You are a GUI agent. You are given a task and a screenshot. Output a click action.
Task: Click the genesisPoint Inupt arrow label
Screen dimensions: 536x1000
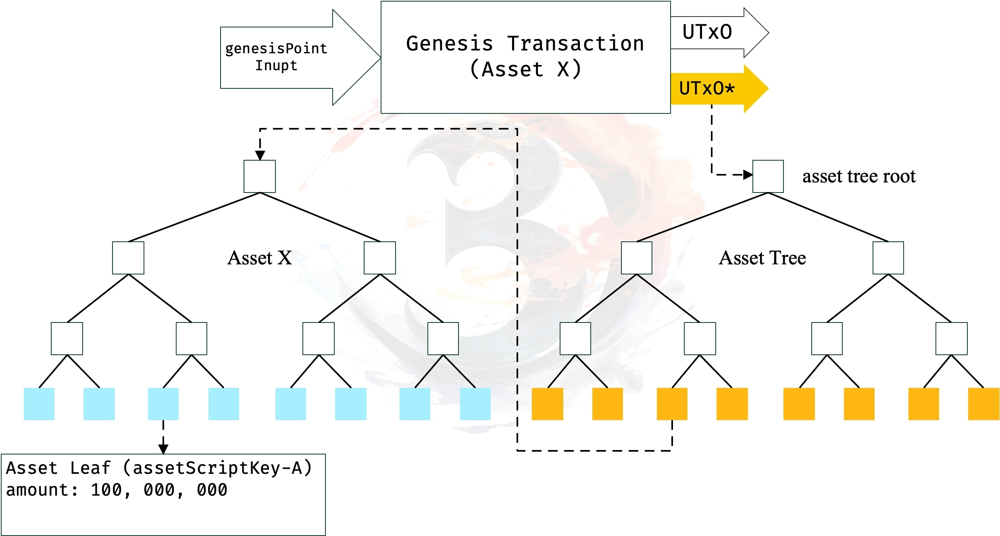pyautogui.click(x=276, y=57)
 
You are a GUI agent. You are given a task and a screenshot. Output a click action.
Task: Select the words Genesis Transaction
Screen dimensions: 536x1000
pyautogui.click(x=525, y=44)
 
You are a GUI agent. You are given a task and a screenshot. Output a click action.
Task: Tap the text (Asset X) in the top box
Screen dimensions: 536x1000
pyautogui.click(x=525, y=69)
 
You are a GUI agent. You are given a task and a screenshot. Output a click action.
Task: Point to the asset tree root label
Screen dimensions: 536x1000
pyautogui.click(x=859, y=176)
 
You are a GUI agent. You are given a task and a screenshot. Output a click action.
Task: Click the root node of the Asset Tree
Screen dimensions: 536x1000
pyautogui.click(x=768, y=176)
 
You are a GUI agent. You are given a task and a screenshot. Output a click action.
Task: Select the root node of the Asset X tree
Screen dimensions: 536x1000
pyautogui.click(x=260, y=176)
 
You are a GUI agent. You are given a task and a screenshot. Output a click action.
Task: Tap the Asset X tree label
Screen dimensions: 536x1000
pyautogui.click(x=260, y=258)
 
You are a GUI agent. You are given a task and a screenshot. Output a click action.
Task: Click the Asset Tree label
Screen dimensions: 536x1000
pyautogui.click(x=762, y=258)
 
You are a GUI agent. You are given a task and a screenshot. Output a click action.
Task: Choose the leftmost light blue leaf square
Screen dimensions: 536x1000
pyautogui.click(x=39, y=404)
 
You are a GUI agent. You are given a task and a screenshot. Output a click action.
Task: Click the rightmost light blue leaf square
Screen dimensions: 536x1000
pyautogui.click(x=475, y=404)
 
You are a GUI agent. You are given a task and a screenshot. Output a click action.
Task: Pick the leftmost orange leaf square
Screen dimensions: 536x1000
pyautogui.click(x=547, y=404)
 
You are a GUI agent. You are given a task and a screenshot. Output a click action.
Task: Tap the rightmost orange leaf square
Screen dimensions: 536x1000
pyautogui.click(x=983, y=404)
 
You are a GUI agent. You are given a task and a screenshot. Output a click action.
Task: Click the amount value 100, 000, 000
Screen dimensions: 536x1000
pyautogui.click(x=159, y=490)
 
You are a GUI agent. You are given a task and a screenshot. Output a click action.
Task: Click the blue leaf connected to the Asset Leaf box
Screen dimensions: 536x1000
pyautogui.click(x=163, y=404)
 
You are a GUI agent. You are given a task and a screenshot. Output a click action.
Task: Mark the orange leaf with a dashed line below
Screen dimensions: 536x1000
pyautogui.click(x=672, y=404)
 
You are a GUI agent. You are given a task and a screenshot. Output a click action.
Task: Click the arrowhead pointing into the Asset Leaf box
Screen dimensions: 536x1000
pyautogui.click(x=163, y=449)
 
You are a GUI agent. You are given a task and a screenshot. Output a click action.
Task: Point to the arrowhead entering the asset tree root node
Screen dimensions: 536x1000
pyautogui.click(x=748, y=175)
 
